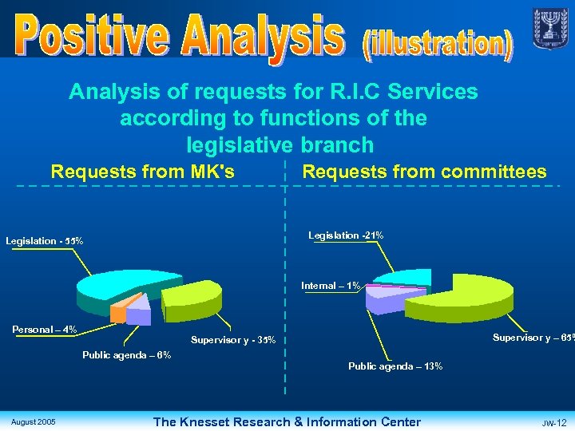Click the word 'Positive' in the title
[x=89, y=36]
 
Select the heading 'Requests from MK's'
[x=142, y=172]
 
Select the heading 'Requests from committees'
[x=424, y=172]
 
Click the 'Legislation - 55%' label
[x=45, y=241]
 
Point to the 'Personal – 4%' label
[x=45, y=329]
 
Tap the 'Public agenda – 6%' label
[x=126, y=355]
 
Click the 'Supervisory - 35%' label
[x=233, y=341]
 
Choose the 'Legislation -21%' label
[x=346, y=235]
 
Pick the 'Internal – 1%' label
[x=331, y=285]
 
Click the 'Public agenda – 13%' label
[x=395, y=366]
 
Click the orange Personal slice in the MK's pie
[x=118, y=313]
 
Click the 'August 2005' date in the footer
[x=34, y=421]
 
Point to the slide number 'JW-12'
[x=553, y=422]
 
